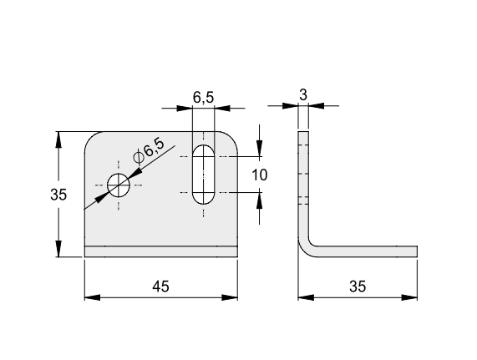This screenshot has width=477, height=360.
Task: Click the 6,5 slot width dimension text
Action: [203, 97]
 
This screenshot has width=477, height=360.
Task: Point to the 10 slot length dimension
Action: [260, 175]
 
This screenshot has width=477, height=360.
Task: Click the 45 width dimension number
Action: [160, 286]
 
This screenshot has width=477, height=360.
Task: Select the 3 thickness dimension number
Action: [303, 95]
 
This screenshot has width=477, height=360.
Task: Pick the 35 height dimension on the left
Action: [58, 195]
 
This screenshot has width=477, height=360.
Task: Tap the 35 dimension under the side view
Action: [358, 286]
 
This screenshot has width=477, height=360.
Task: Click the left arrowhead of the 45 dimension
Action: [92, 297]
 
